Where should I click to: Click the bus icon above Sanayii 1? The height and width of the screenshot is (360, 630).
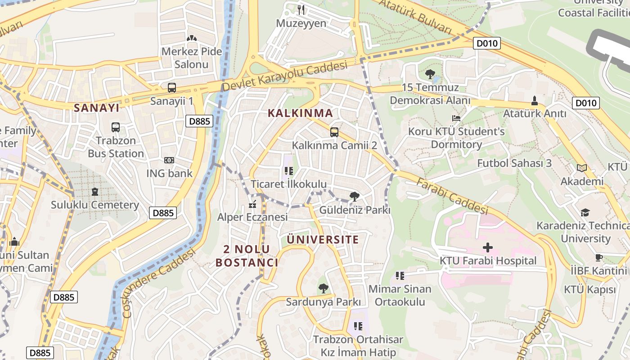pos(171,88)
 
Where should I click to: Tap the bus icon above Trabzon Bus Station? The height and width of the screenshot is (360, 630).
pos(116,127)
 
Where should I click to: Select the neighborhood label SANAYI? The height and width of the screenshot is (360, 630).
pos(97,108)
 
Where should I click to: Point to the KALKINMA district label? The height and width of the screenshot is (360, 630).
pos(300,113)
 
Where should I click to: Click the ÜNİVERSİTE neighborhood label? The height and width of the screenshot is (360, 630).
pos(323,239)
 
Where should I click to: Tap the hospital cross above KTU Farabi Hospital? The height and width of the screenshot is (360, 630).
pos(488,247)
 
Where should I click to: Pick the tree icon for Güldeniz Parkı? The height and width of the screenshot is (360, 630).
pos(355,197)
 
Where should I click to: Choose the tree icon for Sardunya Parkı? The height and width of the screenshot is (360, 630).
pos(323,288)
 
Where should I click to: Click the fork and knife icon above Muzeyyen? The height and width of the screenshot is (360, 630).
pos(301,9)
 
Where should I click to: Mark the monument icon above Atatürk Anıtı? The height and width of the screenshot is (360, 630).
pos(535,101)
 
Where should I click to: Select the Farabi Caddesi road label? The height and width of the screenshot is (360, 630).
pos(452,196)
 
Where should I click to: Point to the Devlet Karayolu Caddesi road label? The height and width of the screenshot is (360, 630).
pos(285,76)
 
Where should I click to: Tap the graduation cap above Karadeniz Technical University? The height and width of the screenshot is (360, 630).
pos(585,212)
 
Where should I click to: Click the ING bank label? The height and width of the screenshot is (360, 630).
pos(169,173)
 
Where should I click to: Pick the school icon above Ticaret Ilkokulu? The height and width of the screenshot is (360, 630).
pos(288,171)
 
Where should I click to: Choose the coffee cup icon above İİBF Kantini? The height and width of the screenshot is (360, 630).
pos(598,258)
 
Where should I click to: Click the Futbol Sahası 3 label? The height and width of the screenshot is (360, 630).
pos(514,163)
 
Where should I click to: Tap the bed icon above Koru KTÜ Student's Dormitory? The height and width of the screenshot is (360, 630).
pos(456,118)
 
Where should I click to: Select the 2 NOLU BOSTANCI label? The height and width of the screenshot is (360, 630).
pos(247,256)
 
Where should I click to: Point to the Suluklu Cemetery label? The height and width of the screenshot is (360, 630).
pos(94,205)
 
